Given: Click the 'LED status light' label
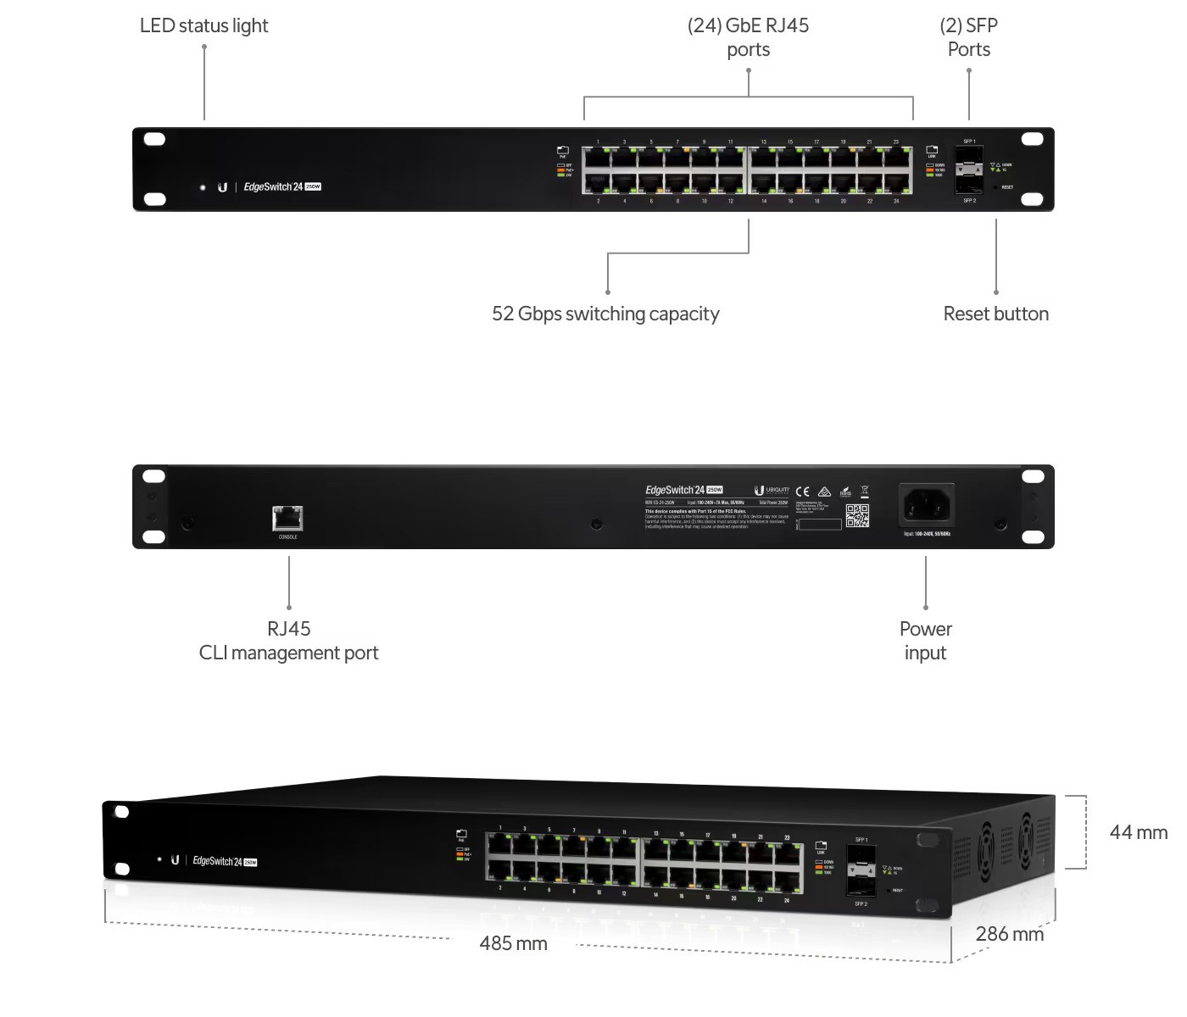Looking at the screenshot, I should coord(203,25).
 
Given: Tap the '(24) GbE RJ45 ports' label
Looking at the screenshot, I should coord(748,37).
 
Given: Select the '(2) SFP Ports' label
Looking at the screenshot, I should coord(968,37).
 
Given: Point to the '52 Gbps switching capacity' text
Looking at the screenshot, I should coord(605,314).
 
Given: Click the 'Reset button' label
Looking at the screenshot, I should coord(995,314).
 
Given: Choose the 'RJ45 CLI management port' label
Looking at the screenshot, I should coord(288,641).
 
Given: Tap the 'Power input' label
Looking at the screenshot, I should coord(925,641).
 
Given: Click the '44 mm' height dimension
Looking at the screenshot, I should coord(1138,832).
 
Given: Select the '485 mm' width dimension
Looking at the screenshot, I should coord(513,943).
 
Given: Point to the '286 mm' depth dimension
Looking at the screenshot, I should coord(1009,934).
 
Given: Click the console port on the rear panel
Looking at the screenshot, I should coord(287,518).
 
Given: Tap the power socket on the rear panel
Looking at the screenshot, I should coord(927,507).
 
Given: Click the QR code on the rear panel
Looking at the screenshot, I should coord(857,515).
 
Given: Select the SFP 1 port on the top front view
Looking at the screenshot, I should coord(969,157).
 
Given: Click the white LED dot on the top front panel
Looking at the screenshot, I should coord(203,187).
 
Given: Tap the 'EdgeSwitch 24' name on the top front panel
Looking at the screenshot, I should coord(273,186).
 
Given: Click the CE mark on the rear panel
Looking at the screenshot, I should coord(802,492).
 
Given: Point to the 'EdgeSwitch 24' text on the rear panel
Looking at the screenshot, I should coord(675,490).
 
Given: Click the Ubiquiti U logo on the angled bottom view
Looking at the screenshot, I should coord(175,859).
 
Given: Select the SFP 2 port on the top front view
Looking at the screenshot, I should coord(969,185).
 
